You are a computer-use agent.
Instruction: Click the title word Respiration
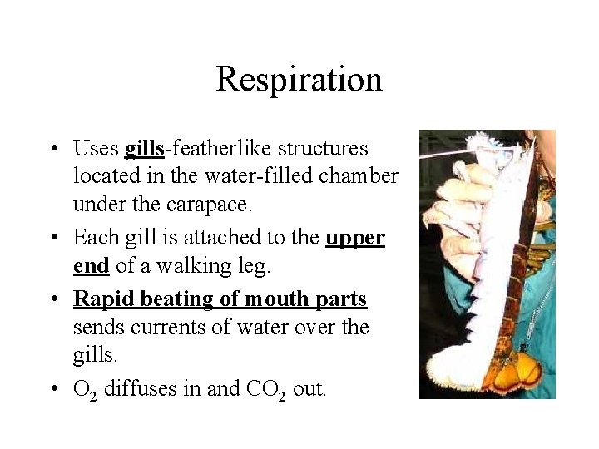[299, 80]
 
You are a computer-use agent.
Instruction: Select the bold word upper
[354, 238]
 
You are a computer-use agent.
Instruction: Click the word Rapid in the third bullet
[97, 299]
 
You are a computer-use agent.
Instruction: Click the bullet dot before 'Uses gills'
[52, 150]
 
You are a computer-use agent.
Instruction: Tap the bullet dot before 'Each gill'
[52, 239]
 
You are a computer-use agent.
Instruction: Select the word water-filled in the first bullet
[259, 177]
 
